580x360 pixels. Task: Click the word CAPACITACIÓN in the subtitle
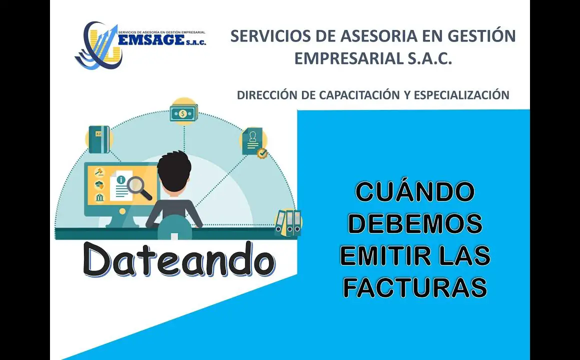tap(359, 94)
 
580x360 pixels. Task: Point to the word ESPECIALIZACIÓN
tap(461, 95)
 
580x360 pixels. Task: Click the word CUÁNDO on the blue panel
tap(415, 191)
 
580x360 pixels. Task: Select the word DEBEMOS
tap(415, 224)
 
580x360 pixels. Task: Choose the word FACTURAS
tap(415, 287)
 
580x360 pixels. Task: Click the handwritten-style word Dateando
tap(178, 259)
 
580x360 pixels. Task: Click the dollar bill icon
tap(184, 112)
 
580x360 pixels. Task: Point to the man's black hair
tap(174, 167)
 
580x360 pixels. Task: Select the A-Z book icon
tap(99, 139)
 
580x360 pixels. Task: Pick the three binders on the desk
tap(288, 222)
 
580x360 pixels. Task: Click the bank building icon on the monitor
tap(99, 197)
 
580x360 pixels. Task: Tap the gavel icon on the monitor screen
tap(99, 171)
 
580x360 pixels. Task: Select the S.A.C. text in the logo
tap(196, 42)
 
